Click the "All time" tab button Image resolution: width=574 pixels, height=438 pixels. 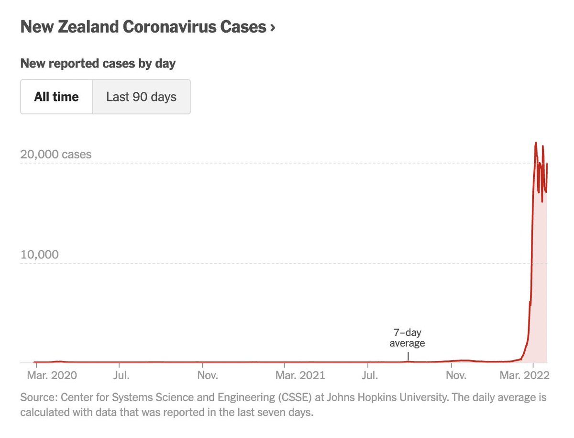[x=56, y=97]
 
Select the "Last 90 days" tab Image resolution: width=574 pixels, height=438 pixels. [x=141, y=97]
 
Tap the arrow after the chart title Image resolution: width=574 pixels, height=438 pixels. [x=273, y=27]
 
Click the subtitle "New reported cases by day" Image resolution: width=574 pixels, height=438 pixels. [x=98, y=63]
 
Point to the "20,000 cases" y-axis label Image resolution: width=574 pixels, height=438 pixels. [x=55, y=155]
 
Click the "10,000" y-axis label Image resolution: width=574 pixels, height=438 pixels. [x=40, y=254]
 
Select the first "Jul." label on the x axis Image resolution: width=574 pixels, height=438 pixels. [x=121, y=375]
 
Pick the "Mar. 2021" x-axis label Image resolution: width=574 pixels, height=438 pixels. [x=300, y=375]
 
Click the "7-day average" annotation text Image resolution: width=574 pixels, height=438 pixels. [x=407, y=337]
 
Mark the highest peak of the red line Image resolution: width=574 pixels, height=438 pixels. [x=536, y=143]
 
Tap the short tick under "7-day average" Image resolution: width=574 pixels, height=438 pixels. [x=408, y=356]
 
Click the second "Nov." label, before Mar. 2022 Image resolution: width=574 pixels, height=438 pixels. [x=456, y=375]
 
